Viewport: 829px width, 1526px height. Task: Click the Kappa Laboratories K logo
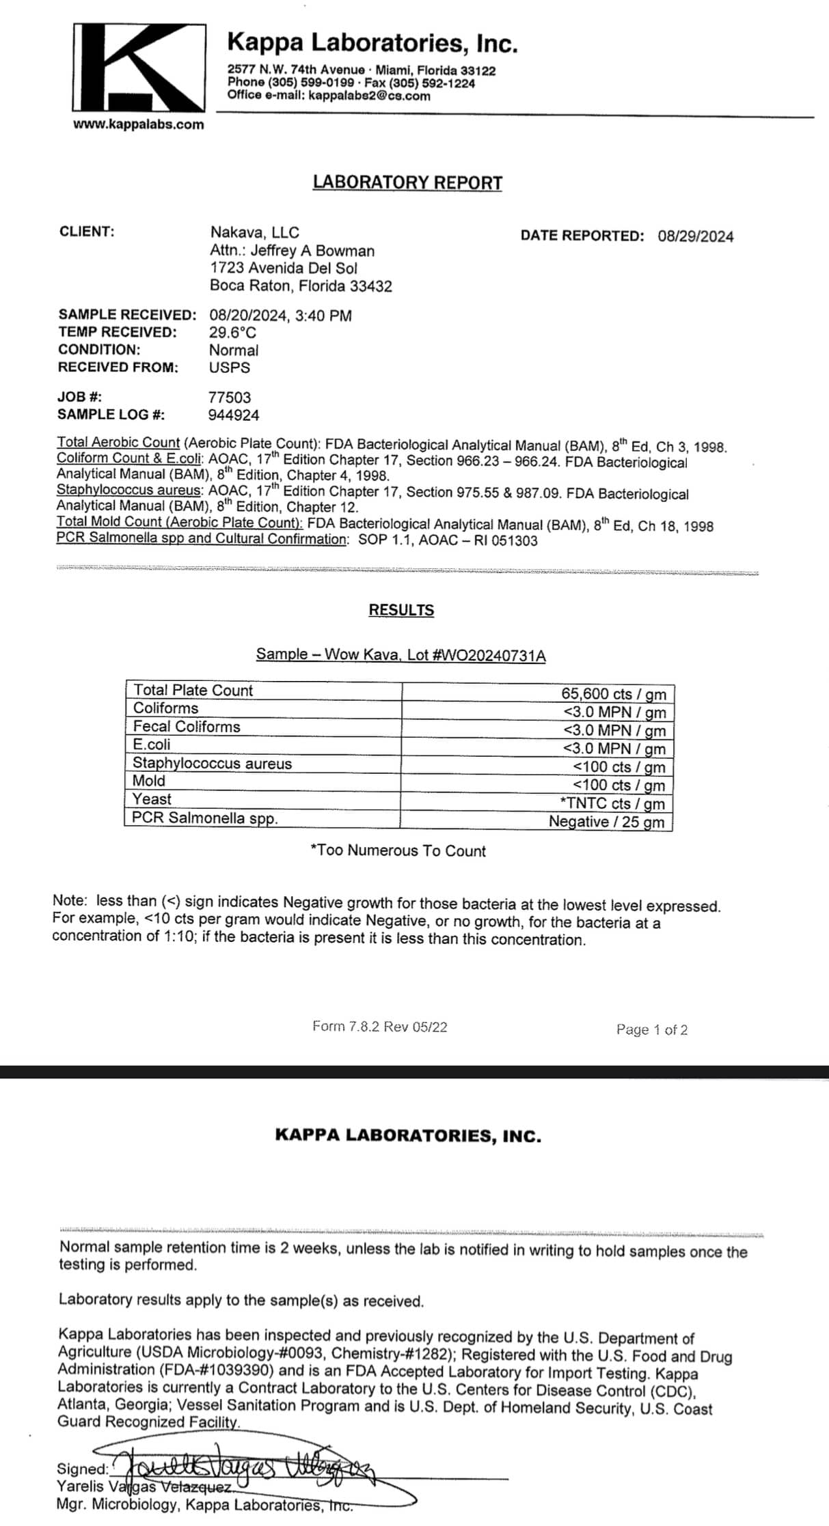point(139,68)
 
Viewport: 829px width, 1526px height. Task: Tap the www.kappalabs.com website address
point(139,124)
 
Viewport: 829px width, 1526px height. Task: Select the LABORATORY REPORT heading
point(407,182)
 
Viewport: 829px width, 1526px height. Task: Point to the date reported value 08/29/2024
point(695,236)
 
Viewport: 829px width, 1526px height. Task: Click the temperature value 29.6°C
point(233,333)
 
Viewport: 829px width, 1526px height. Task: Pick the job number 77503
point(230,397)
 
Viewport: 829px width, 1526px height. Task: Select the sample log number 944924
point(234,415)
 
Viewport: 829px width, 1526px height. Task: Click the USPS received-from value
point(230,367)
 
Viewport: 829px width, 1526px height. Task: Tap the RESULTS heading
point(401,610)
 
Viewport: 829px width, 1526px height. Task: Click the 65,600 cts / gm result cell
point(613,693)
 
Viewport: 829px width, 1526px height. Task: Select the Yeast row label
point(152,799)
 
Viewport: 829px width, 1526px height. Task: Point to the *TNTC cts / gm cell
point(612,803)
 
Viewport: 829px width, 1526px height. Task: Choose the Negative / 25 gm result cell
point(606,822)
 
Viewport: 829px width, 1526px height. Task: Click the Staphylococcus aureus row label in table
point(212,763)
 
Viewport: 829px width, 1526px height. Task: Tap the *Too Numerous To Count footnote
point(398,850)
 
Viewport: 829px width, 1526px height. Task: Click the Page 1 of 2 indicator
point(651,1029)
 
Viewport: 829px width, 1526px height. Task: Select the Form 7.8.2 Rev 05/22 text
point(379,1026)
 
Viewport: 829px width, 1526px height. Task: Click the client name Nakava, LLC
point(254,232)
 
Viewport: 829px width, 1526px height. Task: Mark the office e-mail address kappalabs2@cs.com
point(369,96)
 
